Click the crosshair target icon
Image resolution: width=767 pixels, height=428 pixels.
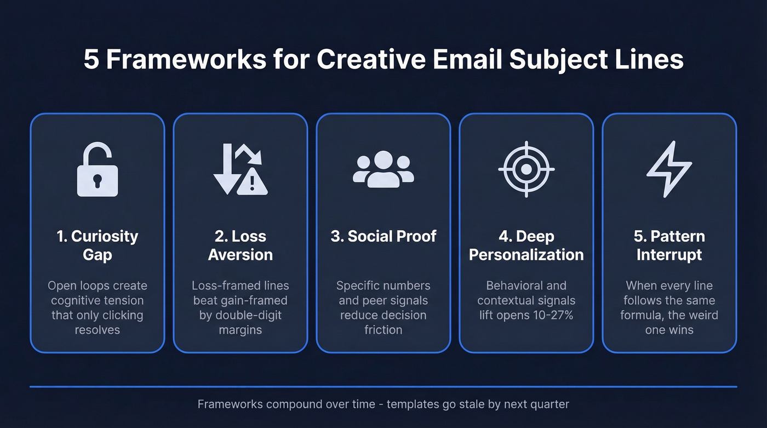pos(526,169)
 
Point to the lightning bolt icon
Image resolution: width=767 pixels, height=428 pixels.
pos(669,169)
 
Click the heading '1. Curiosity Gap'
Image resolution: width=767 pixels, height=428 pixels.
pos(97,246)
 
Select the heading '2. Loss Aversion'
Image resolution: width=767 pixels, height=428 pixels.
pos(240,246)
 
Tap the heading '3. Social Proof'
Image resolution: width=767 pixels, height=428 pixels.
pos(383,236)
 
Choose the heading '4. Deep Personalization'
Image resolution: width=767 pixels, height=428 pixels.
pos(526,246)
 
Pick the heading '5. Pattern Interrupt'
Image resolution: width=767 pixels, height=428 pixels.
pos(669,246)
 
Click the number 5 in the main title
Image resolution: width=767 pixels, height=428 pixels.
pos(91,59)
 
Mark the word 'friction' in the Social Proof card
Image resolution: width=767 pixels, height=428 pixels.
pos(383,330)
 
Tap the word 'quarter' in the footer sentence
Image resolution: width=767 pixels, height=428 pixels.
pos(549,404)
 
